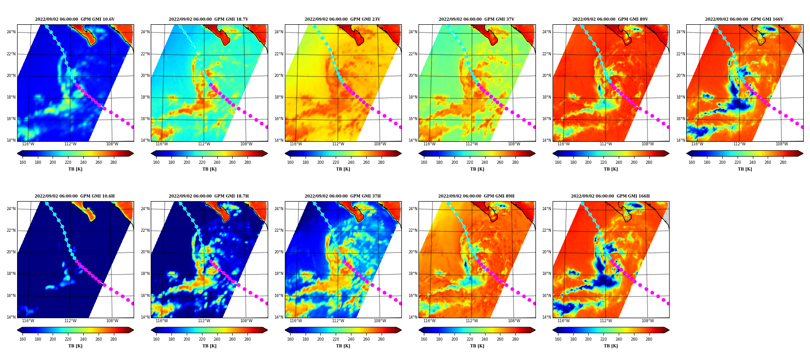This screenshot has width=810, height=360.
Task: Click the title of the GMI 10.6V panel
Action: click(75, 19)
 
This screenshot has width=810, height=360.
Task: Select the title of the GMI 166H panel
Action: click(610, 196)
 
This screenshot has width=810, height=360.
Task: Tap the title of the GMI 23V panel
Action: click(342, 19)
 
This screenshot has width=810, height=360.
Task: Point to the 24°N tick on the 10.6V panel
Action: click(11, 32)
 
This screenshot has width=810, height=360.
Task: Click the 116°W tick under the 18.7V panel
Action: click(162, 144)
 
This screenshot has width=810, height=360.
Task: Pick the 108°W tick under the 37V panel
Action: click(514, 144)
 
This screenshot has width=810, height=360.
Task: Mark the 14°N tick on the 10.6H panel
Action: click(11, 317)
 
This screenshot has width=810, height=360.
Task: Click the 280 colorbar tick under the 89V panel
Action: click(649, 162)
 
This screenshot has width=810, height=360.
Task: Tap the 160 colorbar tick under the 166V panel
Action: click(692, 162)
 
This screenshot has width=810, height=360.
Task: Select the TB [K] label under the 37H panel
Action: click(343, 346)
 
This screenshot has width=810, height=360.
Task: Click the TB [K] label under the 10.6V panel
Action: click(75, 169)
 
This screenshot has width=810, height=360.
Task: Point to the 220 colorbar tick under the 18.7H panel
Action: click(202, 339)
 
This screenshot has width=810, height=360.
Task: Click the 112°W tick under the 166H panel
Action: click(606, 321)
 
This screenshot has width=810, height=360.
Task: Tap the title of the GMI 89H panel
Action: click(476, 196)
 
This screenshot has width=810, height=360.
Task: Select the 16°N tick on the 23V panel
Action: click(279, 119)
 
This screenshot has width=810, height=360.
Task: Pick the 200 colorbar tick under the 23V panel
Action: click(320, 162)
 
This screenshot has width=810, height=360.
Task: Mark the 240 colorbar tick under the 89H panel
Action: click(485, 339)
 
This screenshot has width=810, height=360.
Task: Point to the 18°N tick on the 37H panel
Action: click(279, 274)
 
